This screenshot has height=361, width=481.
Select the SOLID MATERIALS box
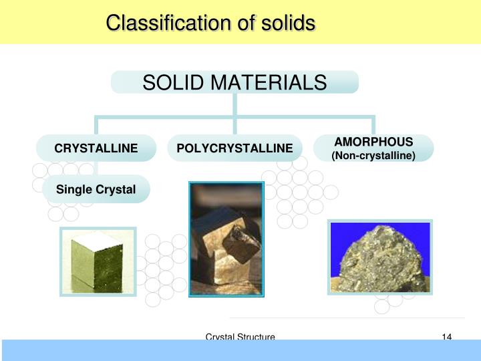pyautogui.click(x=234, y=82)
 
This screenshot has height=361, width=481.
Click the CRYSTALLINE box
pyautogui.click(x=96, y=148)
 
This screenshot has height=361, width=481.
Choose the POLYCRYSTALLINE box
pyautogui.click(x=234, y=148)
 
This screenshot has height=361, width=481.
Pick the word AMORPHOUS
pyautogui.click(x=373, y=142)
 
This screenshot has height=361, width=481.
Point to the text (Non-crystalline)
pyautogui.click(x=373, y=156)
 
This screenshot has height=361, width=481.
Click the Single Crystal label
pyautogui.click(x=96, y=190)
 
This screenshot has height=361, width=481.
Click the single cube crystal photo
pyautogui.click(x=98, y=261)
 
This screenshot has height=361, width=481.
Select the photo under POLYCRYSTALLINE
pyautogui.click(x=226, y=238)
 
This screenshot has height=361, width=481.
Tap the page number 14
pyautogui.click(x=448, y=338)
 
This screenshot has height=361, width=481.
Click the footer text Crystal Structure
pyautogui.click(x=240, y=338)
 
